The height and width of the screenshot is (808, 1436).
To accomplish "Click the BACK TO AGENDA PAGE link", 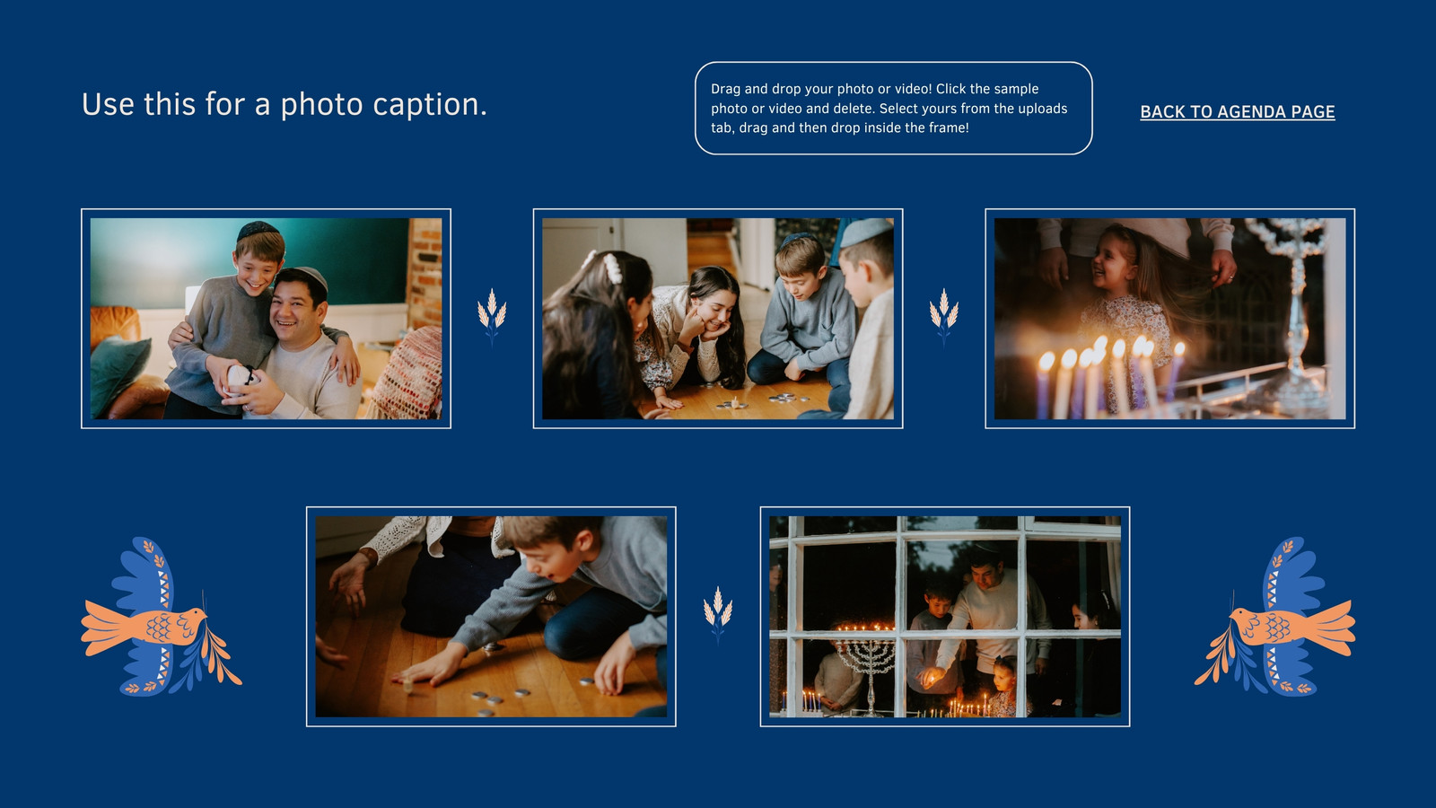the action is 1238,111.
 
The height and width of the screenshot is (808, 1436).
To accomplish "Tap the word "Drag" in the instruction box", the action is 725,89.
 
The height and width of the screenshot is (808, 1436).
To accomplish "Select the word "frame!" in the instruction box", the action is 949,127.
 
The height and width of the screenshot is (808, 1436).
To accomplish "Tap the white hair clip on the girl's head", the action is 612,268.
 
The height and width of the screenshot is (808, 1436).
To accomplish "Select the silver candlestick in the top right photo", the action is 1295,308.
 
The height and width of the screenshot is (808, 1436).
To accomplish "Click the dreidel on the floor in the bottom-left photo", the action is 407,686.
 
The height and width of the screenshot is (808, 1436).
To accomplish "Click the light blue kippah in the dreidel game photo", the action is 865,232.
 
